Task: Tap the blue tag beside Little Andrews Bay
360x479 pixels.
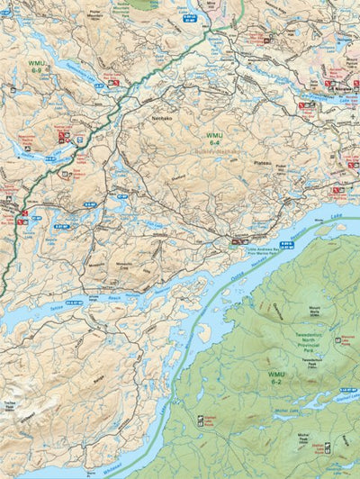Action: tap(287, 244)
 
